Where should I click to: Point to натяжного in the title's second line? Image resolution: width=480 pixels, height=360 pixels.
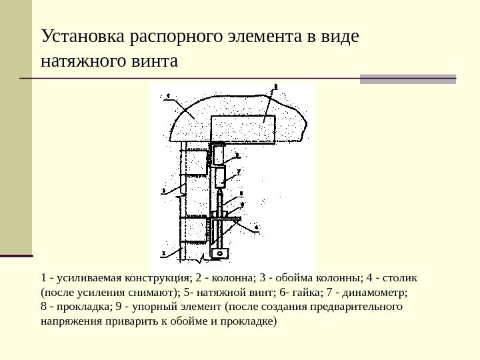[x=81, y=63]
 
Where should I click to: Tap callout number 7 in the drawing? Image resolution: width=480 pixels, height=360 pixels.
[x=238, y=171]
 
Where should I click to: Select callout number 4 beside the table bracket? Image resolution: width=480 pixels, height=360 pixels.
[x=257, y=227]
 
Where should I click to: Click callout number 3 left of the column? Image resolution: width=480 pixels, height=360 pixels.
[x=163, y=191]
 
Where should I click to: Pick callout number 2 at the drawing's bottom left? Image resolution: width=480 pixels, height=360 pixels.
[x=163, y=254]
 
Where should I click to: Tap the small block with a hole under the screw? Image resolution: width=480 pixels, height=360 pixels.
[x=220, y=253]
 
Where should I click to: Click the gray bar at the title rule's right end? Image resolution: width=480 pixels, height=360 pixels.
[x=408, y=79]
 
